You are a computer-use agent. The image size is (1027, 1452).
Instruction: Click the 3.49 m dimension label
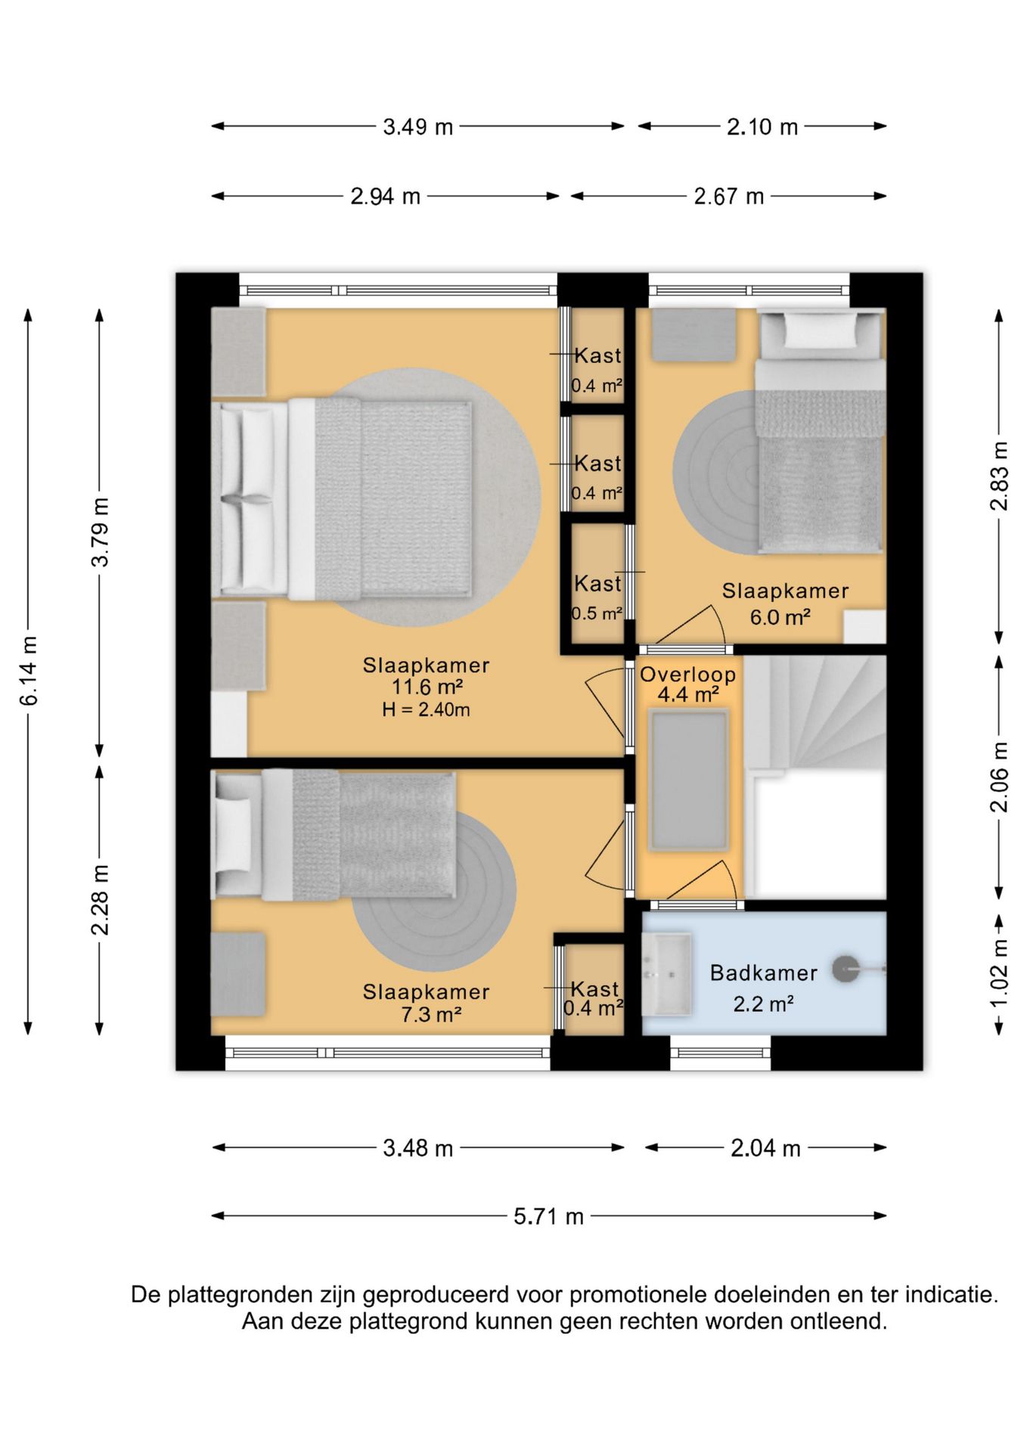[x=417, y=127]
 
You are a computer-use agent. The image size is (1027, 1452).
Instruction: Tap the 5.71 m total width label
[x=548, y=1216]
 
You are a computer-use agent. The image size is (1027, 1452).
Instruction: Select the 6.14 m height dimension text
[x=29, y=672]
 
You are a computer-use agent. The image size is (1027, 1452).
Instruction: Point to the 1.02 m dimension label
[x=999, y=973]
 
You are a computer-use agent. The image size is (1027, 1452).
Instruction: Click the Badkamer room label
[x=764, y=973]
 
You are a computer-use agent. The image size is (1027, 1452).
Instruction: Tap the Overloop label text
[x=687, y=675]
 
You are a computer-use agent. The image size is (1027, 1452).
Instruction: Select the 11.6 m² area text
[x=427, y=687]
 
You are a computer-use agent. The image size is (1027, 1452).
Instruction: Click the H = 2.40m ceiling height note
[x=426, y=709]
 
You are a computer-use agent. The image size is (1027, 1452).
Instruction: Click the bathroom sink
[x=666, y=973]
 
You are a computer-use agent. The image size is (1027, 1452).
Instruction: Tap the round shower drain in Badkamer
[x=845, y=969]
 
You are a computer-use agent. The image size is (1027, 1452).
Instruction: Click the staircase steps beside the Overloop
[x=815, y=712]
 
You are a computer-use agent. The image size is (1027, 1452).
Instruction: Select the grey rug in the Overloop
[x=687, y=780]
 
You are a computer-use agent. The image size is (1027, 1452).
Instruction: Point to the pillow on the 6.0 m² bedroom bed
[x=821, y=330]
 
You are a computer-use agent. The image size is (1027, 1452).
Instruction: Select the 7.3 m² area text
[x=431, y=1014]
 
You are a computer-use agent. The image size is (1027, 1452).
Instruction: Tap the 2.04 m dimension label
[x=765, y=1149]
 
